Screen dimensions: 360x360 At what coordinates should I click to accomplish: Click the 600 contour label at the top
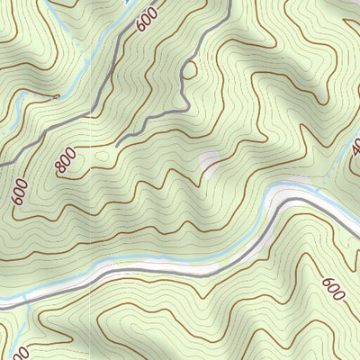click(x=146, y=19)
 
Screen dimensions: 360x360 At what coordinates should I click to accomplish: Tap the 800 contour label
click(x=65, y=160)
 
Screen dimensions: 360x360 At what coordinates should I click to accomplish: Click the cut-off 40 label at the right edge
click(x=355, y=145)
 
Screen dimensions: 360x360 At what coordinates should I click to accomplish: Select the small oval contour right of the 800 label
click(x=102, y=157)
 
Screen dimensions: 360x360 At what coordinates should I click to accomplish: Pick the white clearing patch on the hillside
click(x=210, y=162)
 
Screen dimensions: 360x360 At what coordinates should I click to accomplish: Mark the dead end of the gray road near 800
click(x=118, y=144)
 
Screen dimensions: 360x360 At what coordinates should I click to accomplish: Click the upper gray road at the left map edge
click(x=3, y=165)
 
